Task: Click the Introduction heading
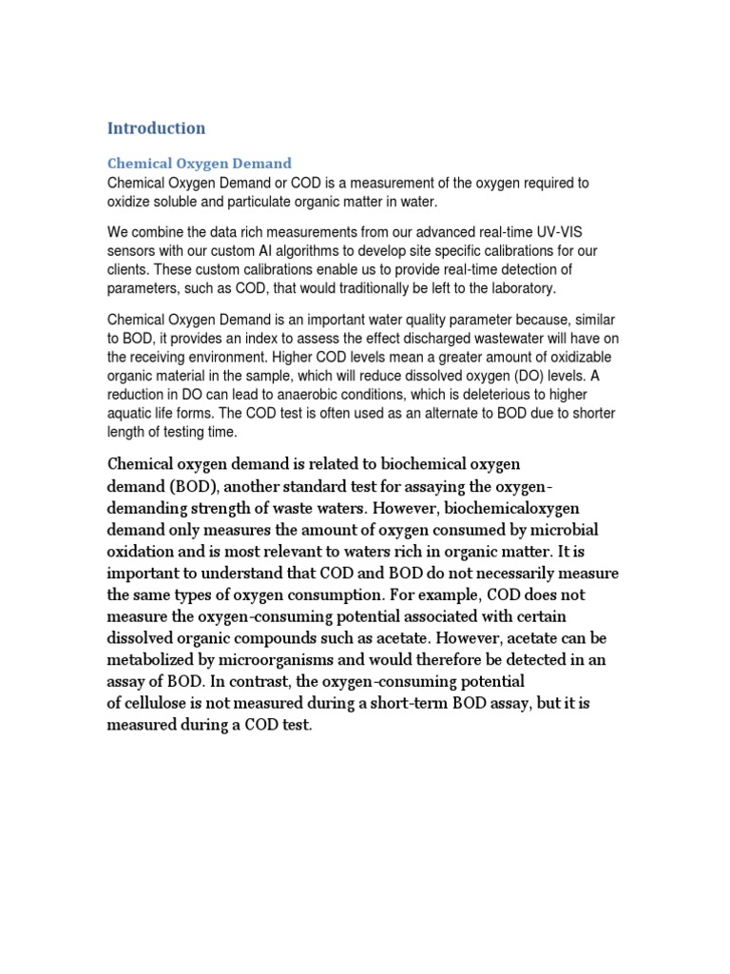(x=156, y=127)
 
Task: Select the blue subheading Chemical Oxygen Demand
(x=200, y=164)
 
